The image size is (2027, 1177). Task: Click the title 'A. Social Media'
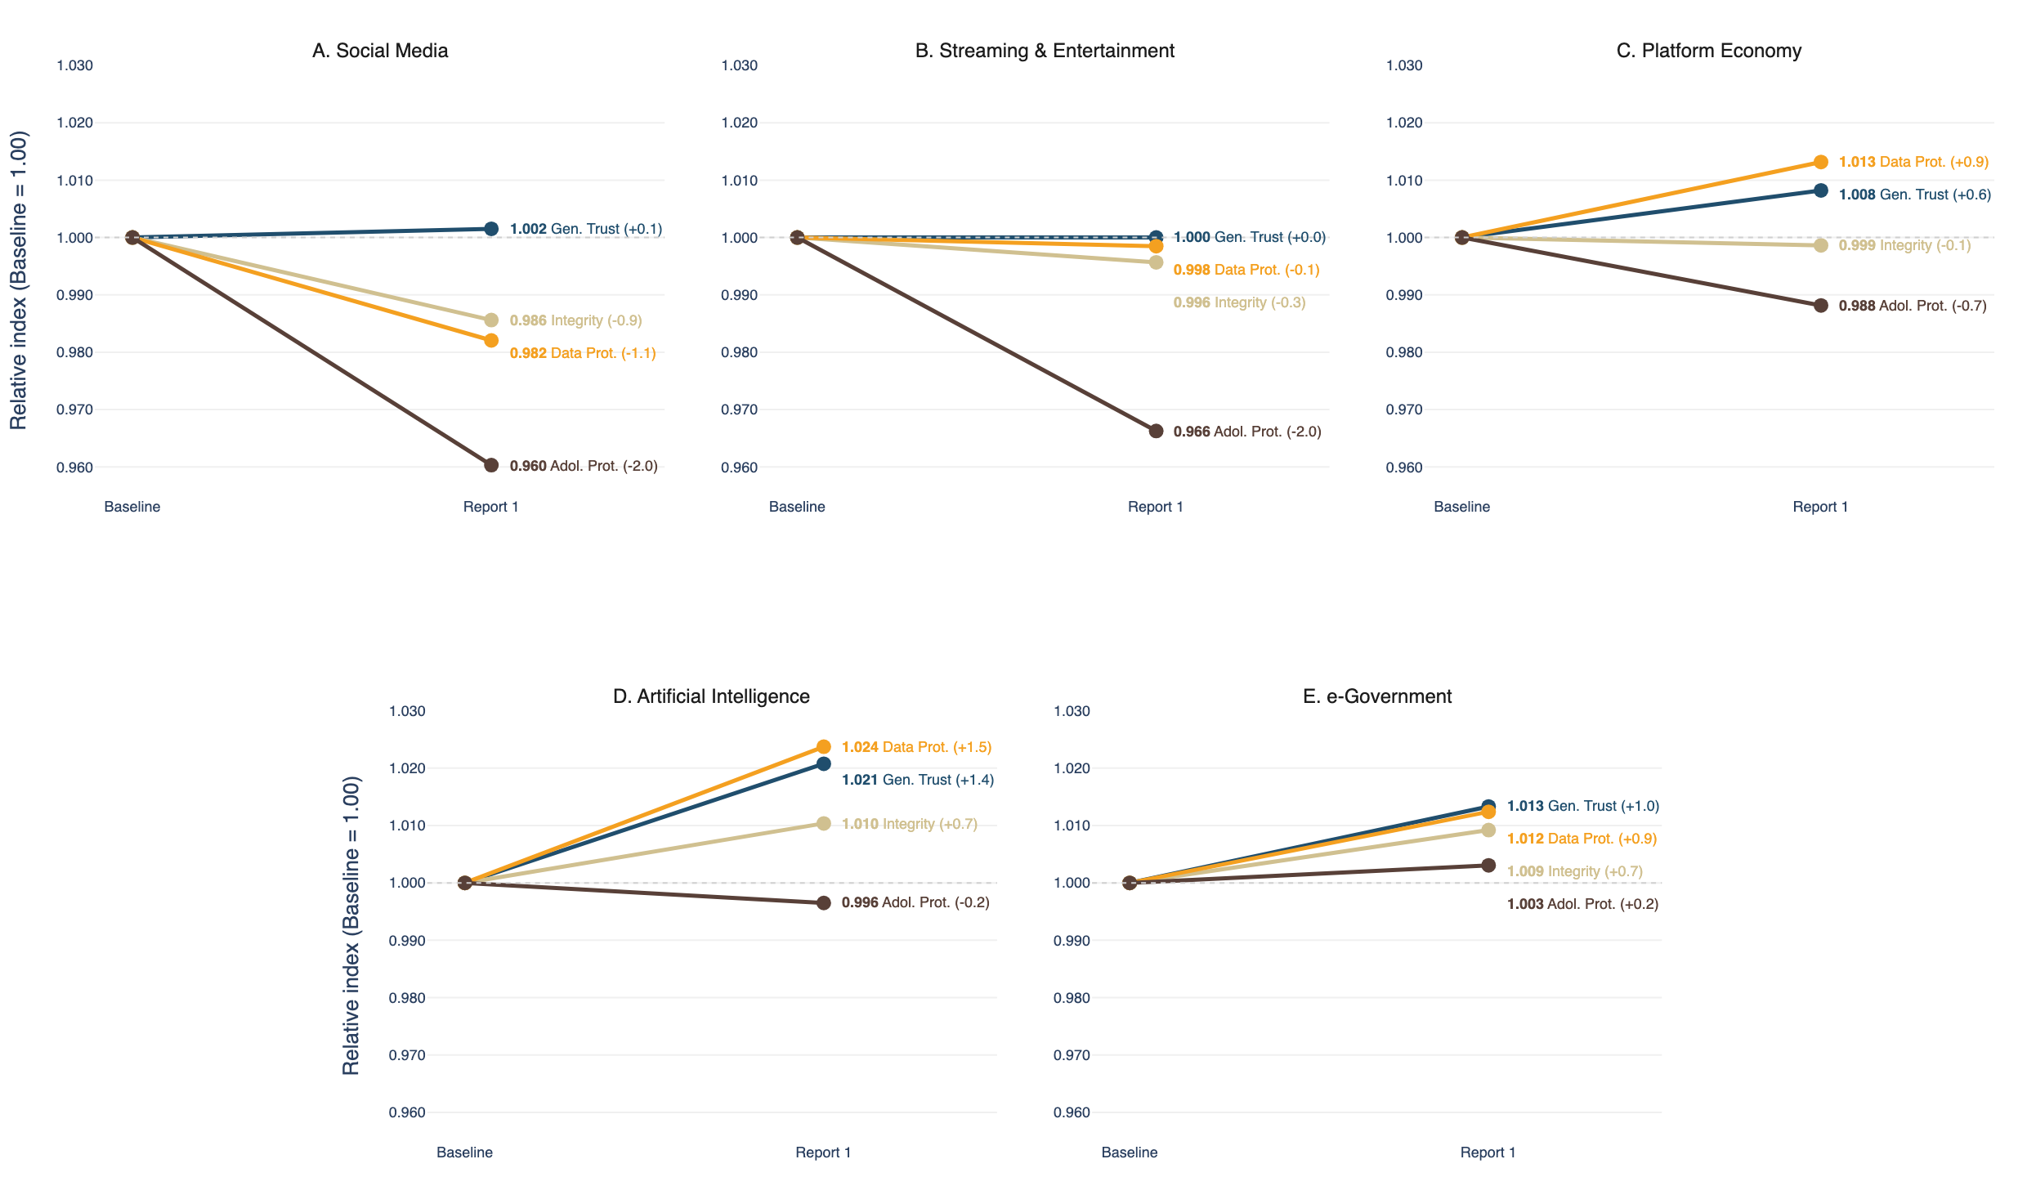click(x=380, y=51)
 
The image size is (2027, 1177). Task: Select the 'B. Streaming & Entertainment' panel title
click(x=1045, y=51)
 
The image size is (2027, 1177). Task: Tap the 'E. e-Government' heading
click(x=1377, y=696)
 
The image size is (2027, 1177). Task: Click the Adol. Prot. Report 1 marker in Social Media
click(x=491, y=465)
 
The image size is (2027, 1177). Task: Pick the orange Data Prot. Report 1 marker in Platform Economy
click(x=1821, y=162)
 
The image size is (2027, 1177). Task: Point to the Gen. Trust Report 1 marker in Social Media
click(x=491, y=229)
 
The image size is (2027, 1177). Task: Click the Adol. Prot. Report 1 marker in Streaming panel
click(x=1156, y=431)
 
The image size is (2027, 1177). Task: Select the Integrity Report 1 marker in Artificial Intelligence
click(x=824, y=823)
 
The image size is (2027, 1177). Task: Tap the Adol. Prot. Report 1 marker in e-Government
click(x=1488, y=865)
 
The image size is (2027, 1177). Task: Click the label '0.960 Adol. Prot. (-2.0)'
click(x=584, y=466)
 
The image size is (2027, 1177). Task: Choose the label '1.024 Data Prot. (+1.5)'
click(x=916, y=747)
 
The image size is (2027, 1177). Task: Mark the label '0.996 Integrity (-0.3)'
click(x=1239, y=302)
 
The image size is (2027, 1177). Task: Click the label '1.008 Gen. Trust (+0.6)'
click(x=1915, y=195)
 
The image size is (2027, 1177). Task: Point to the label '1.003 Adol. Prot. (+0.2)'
click(x=1582, y=904)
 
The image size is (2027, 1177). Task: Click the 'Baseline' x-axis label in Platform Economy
click(x=1461, y=507)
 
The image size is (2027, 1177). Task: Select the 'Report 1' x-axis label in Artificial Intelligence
click(x=823, y=1152)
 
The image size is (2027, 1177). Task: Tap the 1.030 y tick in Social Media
click(x=74, y=65)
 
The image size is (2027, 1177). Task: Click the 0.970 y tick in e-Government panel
click(x=1072, y=1055)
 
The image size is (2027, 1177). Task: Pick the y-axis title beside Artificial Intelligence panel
click(x=351, y=926)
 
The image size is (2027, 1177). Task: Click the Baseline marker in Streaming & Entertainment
click(x=797, y=237)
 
